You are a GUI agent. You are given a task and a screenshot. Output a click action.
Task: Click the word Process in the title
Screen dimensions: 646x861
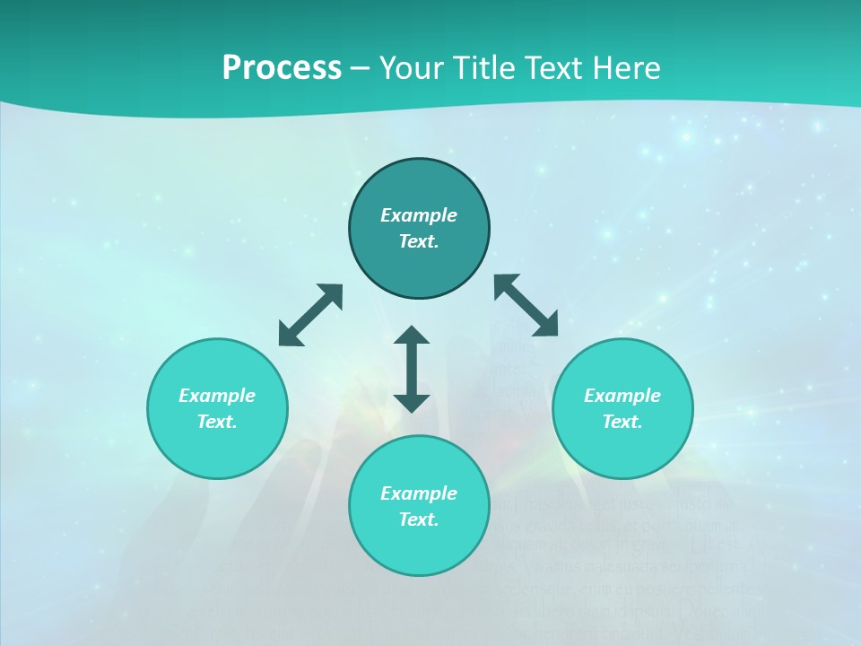pyautogui.click(x=282, y=68)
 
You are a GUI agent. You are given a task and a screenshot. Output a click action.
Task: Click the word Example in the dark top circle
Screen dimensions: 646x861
pyautogui.click(x=419, y=215)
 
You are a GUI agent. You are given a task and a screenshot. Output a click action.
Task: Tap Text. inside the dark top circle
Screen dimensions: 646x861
pyautogui.click(x=419, y=241)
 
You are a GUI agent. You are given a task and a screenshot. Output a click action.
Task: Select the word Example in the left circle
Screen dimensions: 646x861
pyautogui.click(x=217, y=396)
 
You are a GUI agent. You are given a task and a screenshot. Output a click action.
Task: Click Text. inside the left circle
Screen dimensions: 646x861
pyautogui.click(x=217, y=422)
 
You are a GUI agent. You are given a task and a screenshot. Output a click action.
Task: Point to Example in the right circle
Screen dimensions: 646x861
pyautogui.click(x=622, y=396)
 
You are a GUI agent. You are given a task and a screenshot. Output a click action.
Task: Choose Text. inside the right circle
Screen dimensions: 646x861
pyautogui.click(x=622, y=422)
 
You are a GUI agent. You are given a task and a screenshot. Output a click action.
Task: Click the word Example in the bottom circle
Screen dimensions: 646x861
pyautogui.click(x=419, y=493)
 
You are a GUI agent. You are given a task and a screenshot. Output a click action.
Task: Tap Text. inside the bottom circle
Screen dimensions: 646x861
pyautogui.click(x=419, y=519)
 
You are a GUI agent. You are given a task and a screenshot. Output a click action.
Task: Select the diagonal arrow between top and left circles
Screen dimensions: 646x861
pyautogui.click(x=310, y=315)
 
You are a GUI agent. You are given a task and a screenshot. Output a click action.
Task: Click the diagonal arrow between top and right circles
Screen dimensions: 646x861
pyautogui.click(x=526, y=305)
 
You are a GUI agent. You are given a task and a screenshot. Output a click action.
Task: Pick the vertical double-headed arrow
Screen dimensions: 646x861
pyautogui.click(x=412, y=369)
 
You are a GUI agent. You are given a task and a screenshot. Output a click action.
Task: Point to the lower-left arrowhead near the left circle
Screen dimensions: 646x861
pyautogui.click(x=288, y=336)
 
